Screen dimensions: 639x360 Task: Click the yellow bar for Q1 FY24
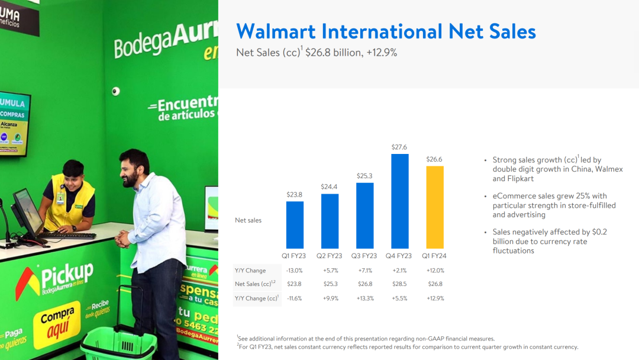click(x=435, y=207)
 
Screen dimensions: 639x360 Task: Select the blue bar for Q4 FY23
click(x=400, y=201)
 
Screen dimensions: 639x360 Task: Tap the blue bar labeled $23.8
click(x=295, y=225)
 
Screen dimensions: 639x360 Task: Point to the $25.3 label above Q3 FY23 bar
click(x=364, y=176)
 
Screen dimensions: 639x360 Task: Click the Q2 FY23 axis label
click(x=330, y=256)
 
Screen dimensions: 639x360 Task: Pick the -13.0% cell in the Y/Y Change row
click(x=294, y=271)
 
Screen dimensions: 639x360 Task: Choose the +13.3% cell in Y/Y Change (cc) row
click(x=364, y=298)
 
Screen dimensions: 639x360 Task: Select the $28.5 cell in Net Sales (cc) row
click(x=399, y=284)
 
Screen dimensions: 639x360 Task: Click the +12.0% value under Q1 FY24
click(x=435, y=271)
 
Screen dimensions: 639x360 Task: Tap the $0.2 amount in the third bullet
click(x=599, y=232)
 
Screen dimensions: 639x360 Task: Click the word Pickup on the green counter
click(x=67, y=275)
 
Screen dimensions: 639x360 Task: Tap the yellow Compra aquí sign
click(x=57, y=324)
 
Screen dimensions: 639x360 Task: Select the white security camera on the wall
click(x=116, y=91)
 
